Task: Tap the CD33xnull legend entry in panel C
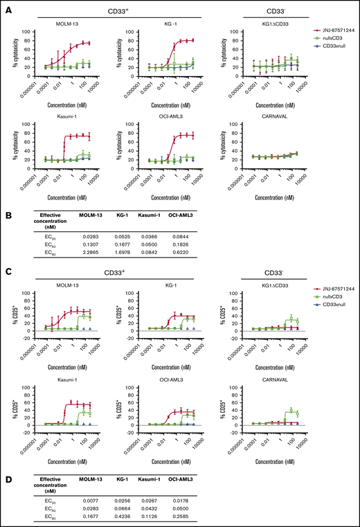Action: point(332,306)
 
